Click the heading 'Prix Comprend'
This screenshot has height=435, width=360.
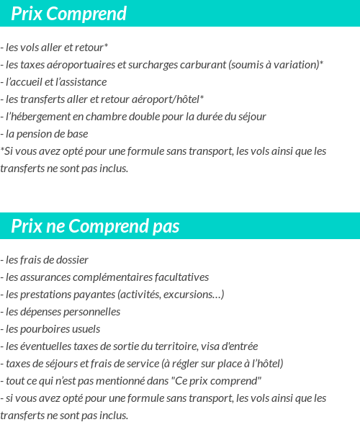pyautogui.click(x=68, y=14)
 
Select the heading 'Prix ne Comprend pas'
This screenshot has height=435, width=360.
pyautogui.click(x=95, y=227)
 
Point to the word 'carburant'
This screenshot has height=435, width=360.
pyautogui.click(x=204, y=65)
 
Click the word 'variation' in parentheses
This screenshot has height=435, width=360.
pyautogui.click(x=295, y=65)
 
